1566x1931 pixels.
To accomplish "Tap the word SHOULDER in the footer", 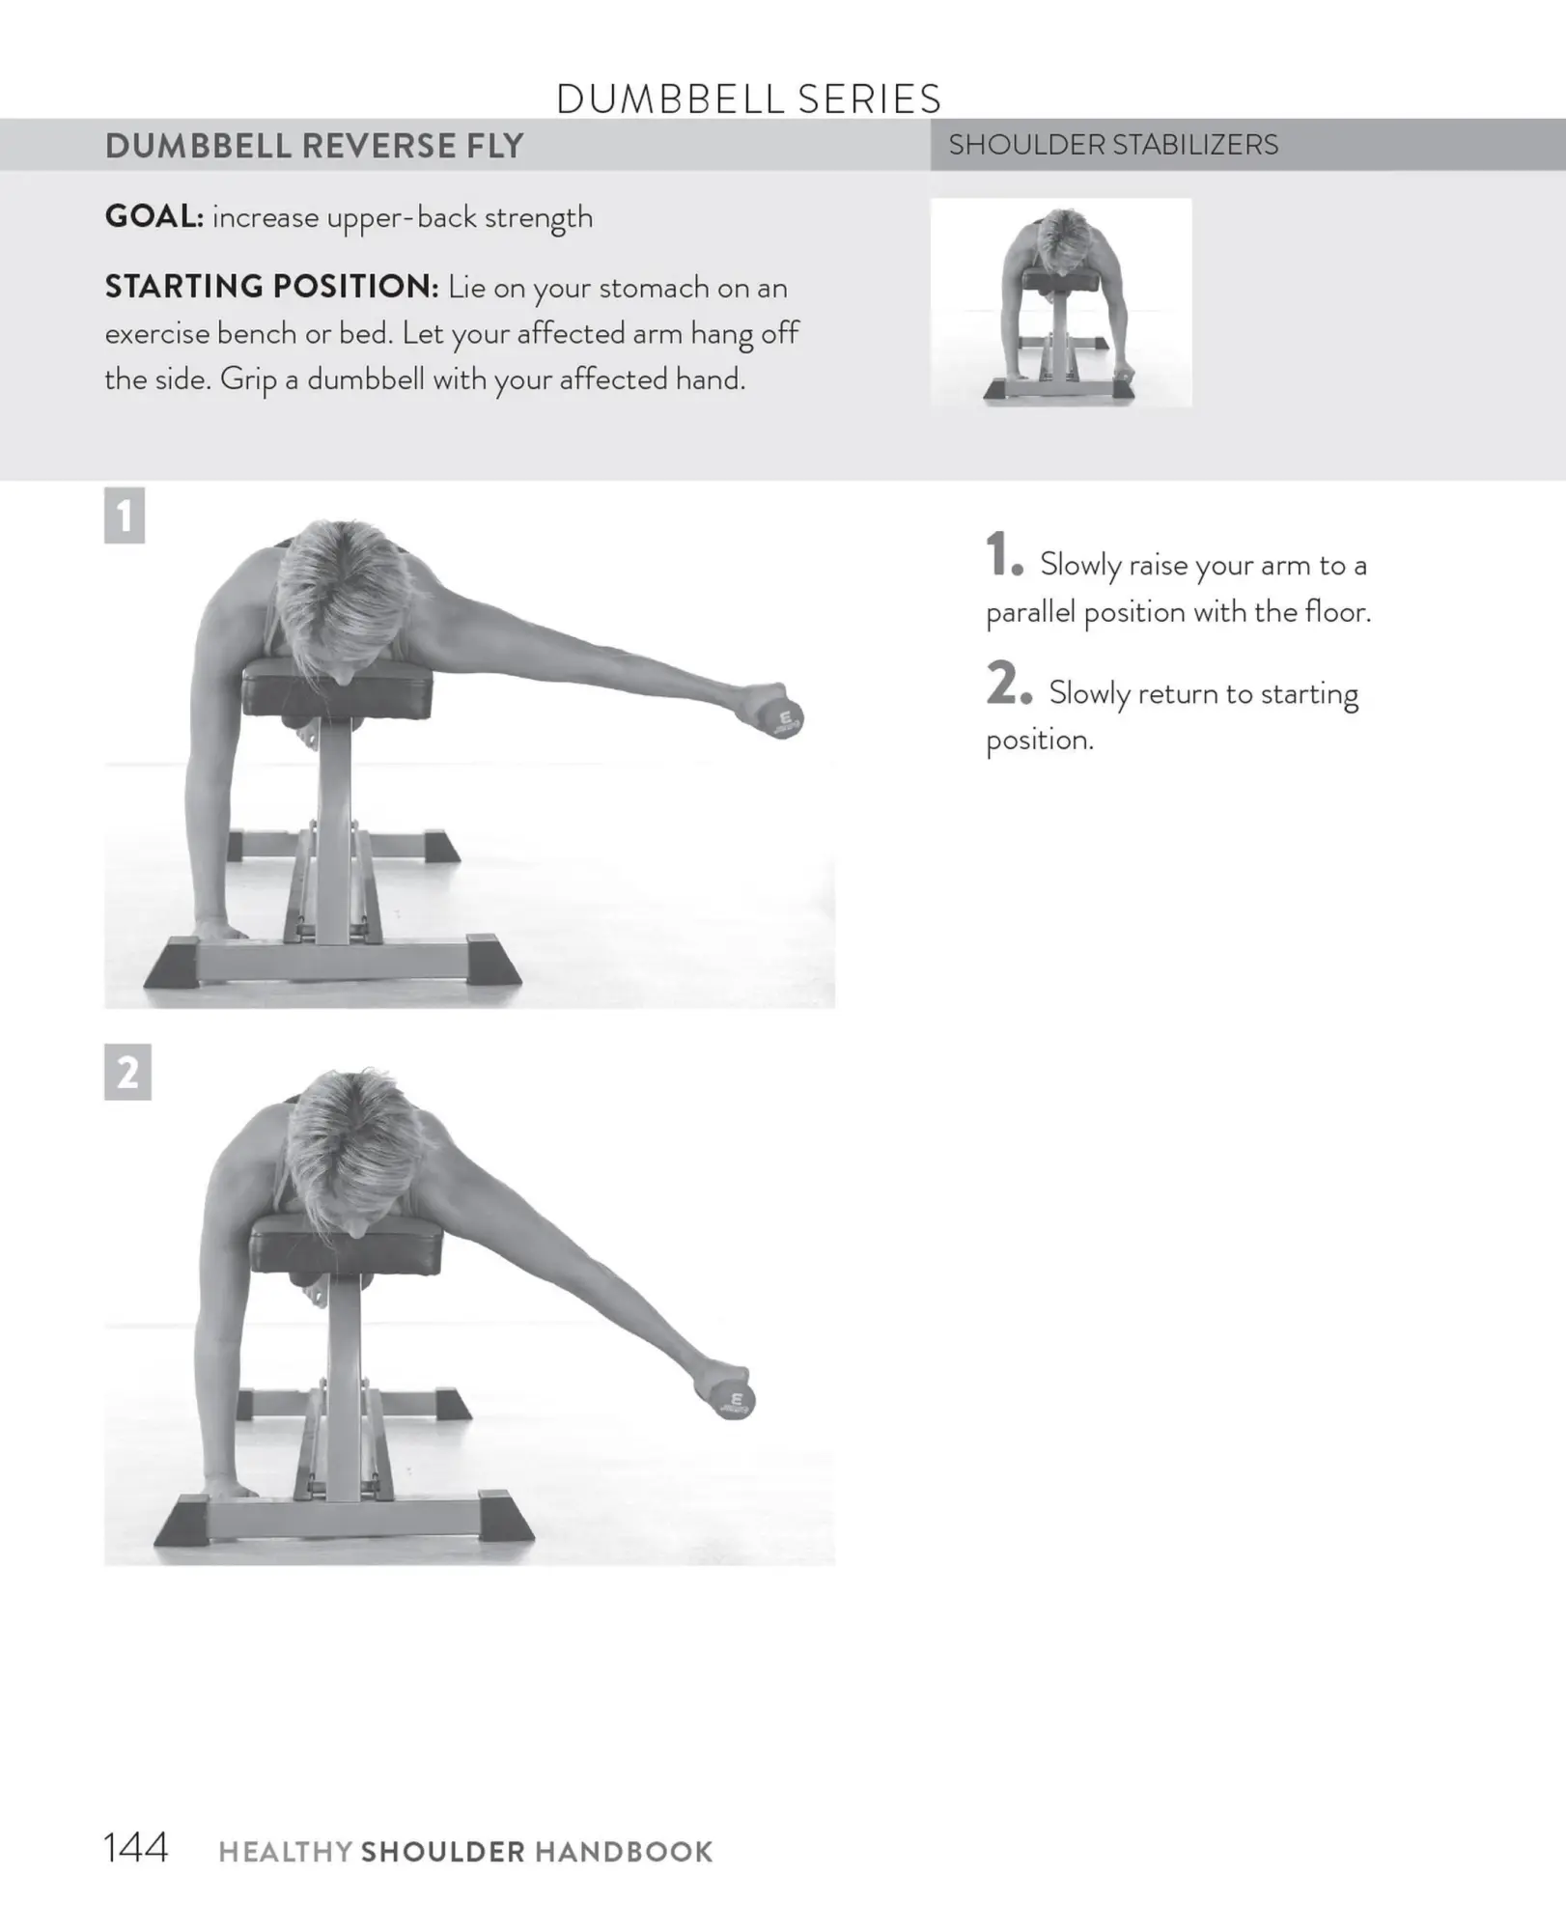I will coord(442,1852).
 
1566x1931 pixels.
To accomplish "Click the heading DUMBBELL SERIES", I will coord(748,98).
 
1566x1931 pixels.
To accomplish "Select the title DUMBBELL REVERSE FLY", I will coord(314,146).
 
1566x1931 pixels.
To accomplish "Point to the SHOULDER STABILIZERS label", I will coord(1112,145).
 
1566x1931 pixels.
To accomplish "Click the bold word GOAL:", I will coord(154,216).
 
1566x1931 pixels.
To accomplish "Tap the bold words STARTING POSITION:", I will coord(271,287).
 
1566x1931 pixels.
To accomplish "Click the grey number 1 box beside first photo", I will coord(125,516).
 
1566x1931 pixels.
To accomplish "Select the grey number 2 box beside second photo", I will coord(127,1072).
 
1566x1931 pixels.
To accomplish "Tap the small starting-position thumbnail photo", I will coord(1060,302).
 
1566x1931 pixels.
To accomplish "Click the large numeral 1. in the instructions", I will coord(1003,557).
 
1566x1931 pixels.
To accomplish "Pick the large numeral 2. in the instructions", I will coord(1008,686).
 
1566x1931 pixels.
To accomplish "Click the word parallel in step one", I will coord(1030,612).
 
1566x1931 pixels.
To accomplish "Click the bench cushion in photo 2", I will coord(346,1246).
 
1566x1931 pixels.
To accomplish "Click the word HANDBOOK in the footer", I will coord(624,1852).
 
